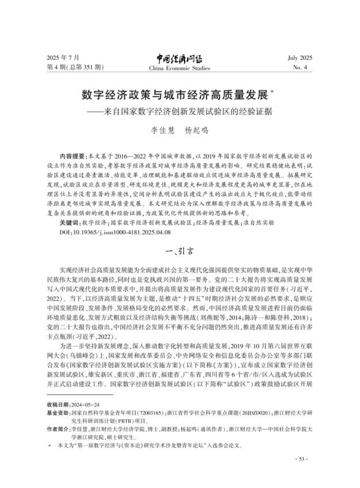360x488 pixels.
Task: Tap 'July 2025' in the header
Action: pyautogui.click(x=298, y=59)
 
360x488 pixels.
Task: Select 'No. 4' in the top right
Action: pyautogui.click(x=304, y=68)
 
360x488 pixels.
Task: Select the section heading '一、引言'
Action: pyautogui.click(x=180, y=251)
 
